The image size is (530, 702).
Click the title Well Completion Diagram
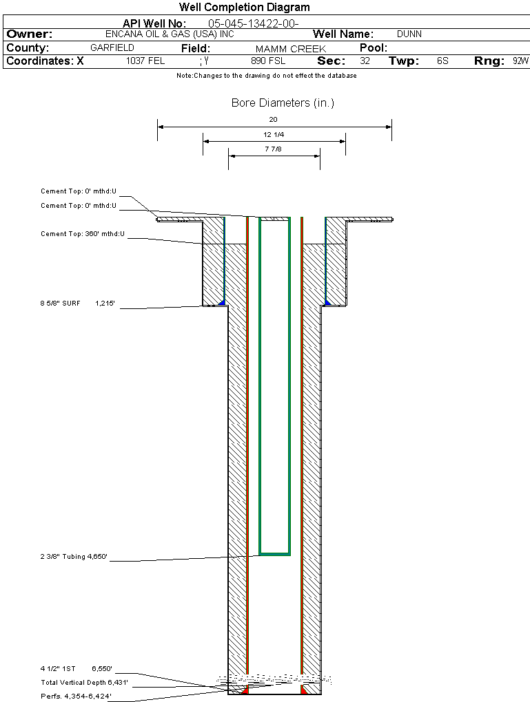coord(244,7)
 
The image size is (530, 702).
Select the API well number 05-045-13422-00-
coord(253,23)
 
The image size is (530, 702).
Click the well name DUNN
coord(409,34)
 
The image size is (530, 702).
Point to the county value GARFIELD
coord(112,48)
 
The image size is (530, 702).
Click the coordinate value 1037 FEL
coord(145,61)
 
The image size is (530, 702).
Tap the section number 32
coord(365,61)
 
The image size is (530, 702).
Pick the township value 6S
coord(442,61)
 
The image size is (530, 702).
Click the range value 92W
coord(520,61)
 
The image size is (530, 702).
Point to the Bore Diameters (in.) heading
coord(283,103)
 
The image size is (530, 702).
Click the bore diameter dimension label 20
coord(274,120)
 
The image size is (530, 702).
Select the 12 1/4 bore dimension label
coord(274,134)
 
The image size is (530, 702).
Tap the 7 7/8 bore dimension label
coord(274,149)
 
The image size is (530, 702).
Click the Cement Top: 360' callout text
coord(83,234)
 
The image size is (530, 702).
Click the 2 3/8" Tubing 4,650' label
coord(74,557)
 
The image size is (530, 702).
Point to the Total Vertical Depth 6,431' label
coord(84,682)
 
